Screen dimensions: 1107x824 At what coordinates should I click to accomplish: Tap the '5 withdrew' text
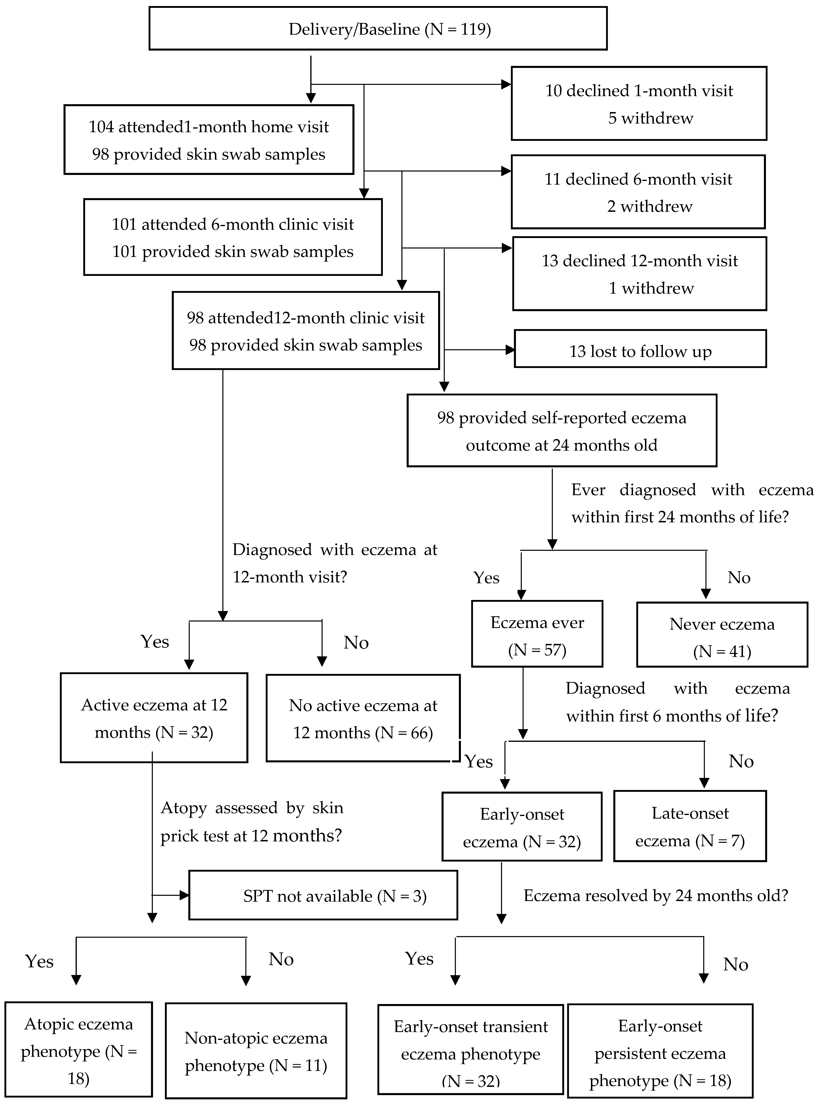pyautogui.click(x=650, y=118)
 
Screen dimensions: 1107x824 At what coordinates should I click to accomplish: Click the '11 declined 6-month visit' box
pyautogui.click(x=638, y=192)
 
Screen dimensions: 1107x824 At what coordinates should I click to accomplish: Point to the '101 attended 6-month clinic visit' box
pyautogui.click(x=233, y=237)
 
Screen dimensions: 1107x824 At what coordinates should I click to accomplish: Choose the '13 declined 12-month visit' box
pyautogui.click(x=640, y=274)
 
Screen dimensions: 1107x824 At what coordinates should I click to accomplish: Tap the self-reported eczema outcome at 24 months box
pyautogui.click(x=562, y=431)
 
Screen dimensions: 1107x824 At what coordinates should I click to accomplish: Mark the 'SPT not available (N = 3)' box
pyautogui.click(x=323, y=896)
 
